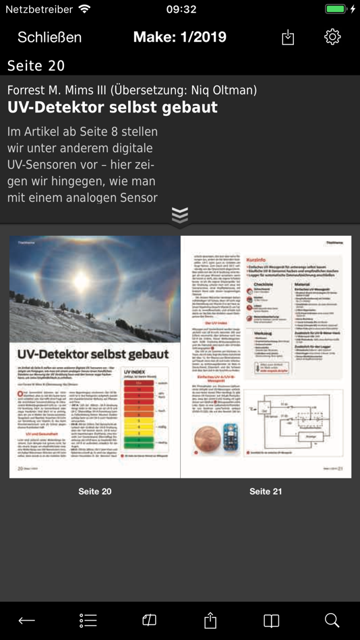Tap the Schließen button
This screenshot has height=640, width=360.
(x=49, y=37)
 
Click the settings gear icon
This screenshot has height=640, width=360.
(x=332, y=37)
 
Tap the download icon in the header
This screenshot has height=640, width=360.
(x=288, y=38)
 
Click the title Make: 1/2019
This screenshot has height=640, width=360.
(x=180, y=37)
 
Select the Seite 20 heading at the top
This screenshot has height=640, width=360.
(x=36, y=65)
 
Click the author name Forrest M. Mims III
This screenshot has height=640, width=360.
(x=57, y=90)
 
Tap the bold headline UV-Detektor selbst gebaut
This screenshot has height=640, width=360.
(x=113, y=108)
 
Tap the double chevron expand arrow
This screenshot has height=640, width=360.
(x=180, y=216)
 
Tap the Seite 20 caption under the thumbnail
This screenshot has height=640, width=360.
(x=95, y=492)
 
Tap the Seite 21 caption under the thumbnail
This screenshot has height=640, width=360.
(x=266, y=492)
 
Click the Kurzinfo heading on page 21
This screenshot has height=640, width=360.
(x=260, y=259)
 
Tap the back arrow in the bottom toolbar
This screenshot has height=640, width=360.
(x=27, y=620)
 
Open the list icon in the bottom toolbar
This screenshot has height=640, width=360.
(x=88, y=620)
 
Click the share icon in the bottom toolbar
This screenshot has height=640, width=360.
(x=210, y=620)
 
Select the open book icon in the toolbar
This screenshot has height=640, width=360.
(x=271, y=620)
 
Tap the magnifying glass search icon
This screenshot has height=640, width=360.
(x=332, y=620)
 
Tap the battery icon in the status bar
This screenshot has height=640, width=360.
(x=336, y=9)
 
